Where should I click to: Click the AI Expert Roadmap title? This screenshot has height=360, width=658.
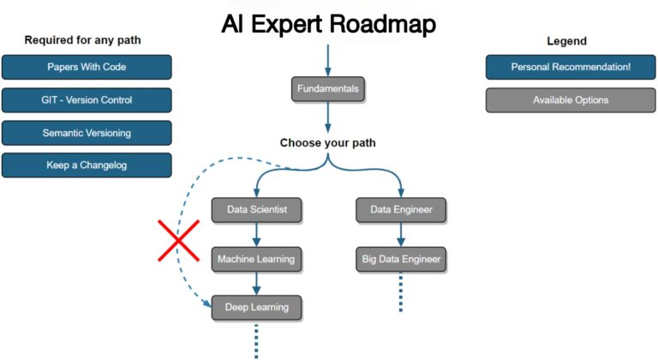pyautogui.click(x=328, y=24)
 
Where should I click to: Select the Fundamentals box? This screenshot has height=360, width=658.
pyautogui.click(x=327, y=89)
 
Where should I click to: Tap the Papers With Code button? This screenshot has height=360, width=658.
pyautogui.click(x=87, y=67)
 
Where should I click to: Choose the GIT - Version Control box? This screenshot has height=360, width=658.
pyautogui.click(x=87, y=100)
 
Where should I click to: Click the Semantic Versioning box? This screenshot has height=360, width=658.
pyautogui.click(x=87, y=133)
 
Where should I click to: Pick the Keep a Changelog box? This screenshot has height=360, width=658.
pyautogui.click(x=87, y=165)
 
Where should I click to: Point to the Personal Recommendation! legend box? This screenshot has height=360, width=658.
pyautogui.click(x=571, y=67)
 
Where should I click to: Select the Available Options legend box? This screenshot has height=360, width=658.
pyautogui.click(x=571, y=100)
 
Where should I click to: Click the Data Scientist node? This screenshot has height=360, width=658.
pyautogui.click(x=255, y=209)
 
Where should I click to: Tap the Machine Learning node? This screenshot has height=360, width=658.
pyautogui.click(x=255, y=259)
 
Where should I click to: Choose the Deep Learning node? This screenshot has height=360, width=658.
pyautogui.click(x=255, y=307)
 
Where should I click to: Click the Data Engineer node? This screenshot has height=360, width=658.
pyautogui.click(x=401, y=209)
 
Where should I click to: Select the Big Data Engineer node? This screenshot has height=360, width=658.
pyautogui.click(x=401, y=259)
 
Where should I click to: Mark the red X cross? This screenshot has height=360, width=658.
pyautogui.click(x=178, y=239)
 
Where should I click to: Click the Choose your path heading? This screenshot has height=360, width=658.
pyautogui.click(x=327, y=143)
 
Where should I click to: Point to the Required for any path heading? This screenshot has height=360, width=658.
pyautogui.click(x=83, y=39)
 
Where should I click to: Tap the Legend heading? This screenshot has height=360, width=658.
pyautogui.click(x=566, y=40)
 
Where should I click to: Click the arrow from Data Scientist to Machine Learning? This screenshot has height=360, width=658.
pyautogui.click(x=255, y=234)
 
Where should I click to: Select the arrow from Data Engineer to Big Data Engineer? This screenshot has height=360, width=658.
pyautogui.click(x=401, y=234)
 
